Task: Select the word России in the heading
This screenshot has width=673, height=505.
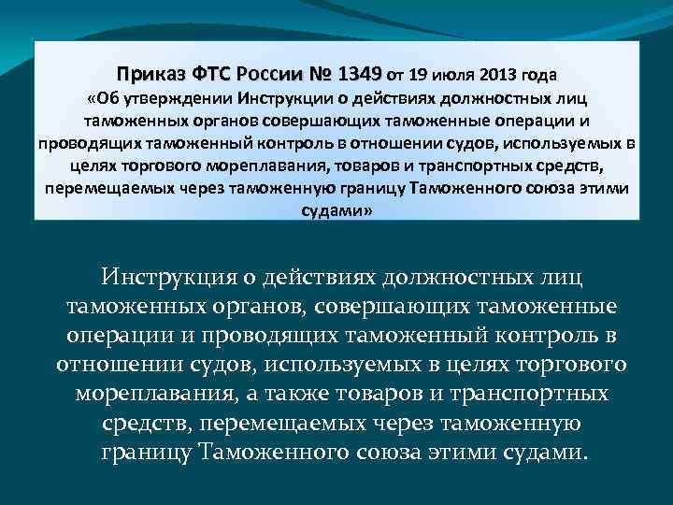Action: point(272,73)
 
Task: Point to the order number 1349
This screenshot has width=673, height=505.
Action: point(362,73)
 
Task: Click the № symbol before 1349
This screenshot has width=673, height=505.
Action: point(323,73)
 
